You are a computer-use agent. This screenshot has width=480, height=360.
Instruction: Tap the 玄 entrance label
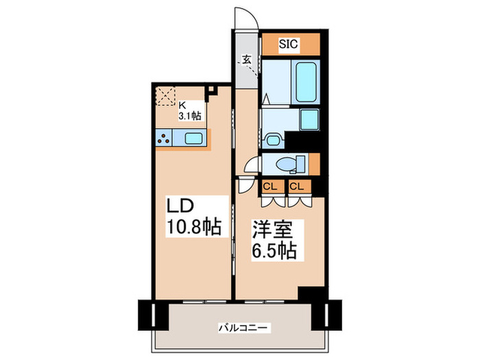(245, 60)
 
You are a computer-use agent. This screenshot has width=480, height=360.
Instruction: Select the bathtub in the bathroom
(304, 82)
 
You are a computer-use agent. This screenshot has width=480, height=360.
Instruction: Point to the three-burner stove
(164, 138)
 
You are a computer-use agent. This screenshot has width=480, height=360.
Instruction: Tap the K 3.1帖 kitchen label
(189, 111)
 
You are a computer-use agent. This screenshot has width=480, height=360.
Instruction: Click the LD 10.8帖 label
(195, 216)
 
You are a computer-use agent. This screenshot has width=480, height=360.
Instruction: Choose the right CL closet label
(296, 186)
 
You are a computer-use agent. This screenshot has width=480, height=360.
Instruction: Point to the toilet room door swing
(252, 167)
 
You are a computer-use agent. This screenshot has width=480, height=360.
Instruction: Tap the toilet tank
(302, 163)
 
